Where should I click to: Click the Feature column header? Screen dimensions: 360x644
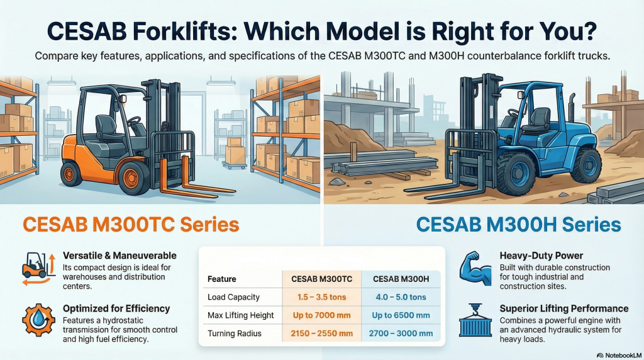tap(221, 279)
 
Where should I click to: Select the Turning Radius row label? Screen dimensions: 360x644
tap(235, 333)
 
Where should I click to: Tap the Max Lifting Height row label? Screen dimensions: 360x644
tap(241, 315)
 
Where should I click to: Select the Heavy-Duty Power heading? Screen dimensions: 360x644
tap(541, 256)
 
